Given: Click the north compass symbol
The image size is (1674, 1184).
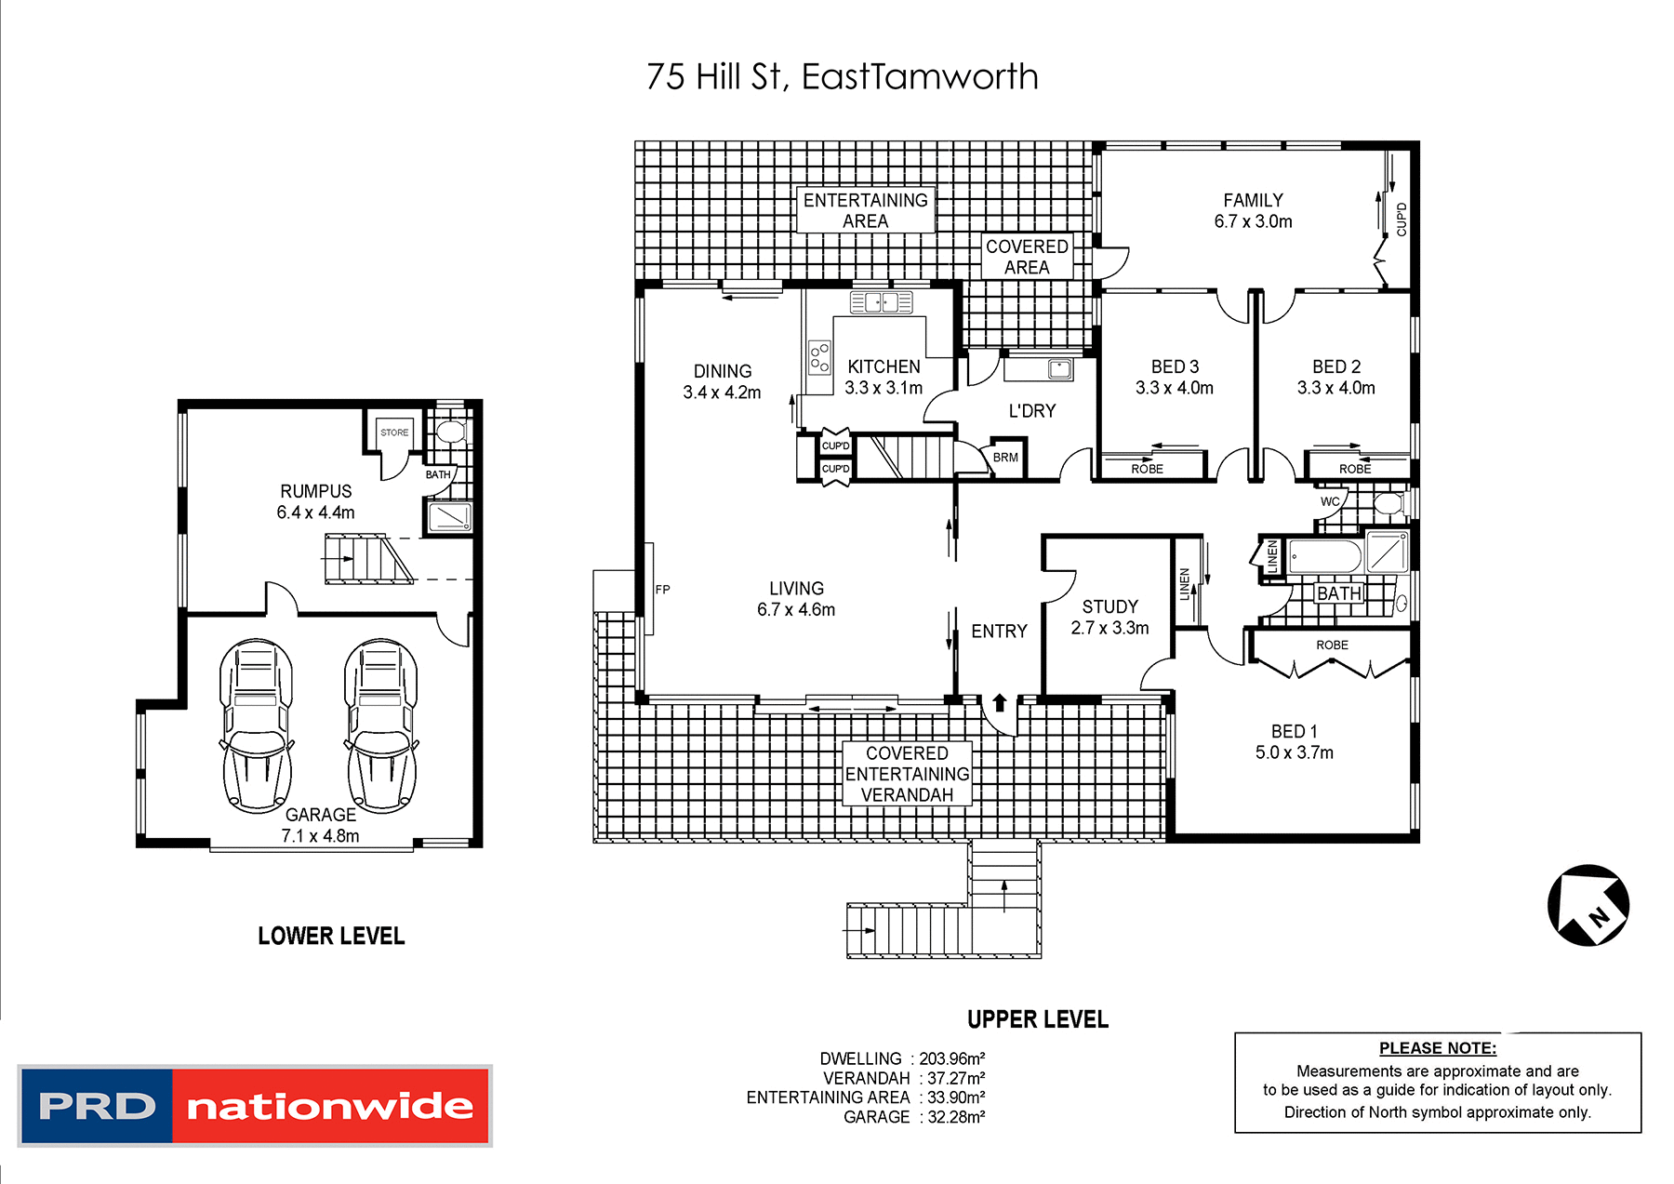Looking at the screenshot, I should [1588, 905].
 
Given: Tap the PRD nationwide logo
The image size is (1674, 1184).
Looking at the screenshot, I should [255, 1105].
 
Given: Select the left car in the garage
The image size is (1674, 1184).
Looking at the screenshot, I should [256, 725].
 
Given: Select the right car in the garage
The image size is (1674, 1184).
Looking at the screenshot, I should [380, 725].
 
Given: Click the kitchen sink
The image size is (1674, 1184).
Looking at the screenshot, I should [881, 302].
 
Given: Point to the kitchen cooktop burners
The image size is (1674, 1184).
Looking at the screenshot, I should [819, 357].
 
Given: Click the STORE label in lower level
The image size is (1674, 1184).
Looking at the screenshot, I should [394, 432].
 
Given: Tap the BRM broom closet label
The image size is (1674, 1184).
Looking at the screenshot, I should [1005, 458].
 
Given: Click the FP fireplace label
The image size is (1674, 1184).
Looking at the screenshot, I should [662, 589].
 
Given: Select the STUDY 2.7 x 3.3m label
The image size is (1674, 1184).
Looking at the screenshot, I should [1109, 618].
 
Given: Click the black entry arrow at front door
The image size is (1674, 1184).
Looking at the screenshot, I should [1000, 702].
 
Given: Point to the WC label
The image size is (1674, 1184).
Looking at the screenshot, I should [1330, 501].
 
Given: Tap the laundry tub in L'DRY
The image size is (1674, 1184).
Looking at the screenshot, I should [1059, 369].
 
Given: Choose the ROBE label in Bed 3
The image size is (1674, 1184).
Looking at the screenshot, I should [1147, 469].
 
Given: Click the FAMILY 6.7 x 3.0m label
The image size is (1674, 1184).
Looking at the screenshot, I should [1253, 211].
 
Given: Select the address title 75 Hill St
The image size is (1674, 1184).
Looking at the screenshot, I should [842, 76].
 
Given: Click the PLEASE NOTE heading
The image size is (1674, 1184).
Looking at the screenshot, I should [1437, 1048].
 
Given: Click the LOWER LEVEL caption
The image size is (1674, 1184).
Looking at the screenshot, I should [331, 936].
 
